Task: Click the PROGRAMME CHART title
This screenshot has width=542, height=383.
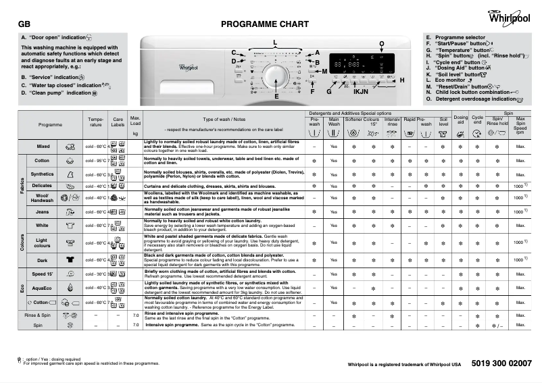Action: tap(265, 24)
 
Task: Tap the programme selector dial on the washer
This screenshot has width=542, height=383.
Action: tap(274, 74)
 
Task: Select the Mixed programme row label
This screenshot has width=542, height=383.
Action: tap(43, 147)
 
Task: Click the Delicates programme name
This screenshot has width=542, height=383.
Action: tap(42, 185)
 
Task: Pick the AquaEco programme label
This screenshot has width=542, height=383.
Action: tap(42, 288)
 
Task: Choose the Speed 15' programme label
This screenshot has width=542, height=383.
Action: tap(42, 274)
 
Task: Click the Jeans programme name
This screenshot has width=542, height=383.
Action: tap(42, 212)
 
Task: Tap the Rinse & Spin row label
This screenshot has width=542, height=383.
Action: tap(38, 315)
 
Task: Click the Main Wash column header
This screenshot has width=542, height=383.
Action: tap(334, 122)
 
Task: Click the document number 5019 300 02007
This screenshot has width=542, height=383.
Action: tap(499, 363)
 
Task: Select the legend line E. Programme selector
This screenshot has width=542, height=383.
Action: tap(455, 38)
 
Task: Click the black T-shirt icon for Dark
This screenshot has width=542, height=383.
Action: tap(69, 259)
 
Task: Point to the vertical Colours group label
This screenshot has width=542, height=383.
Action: tap(22, 242)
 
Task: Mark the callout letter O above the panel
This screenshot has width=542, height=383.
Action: tap(382, 44)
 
